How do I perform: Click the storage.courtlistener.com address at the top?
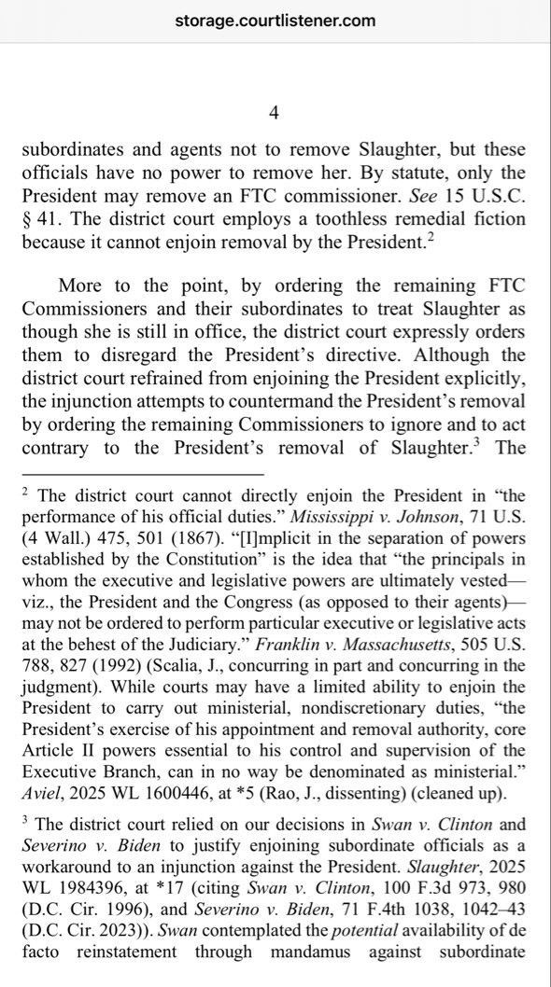(275, 20)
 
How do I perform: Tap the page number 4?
(274, 113)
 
